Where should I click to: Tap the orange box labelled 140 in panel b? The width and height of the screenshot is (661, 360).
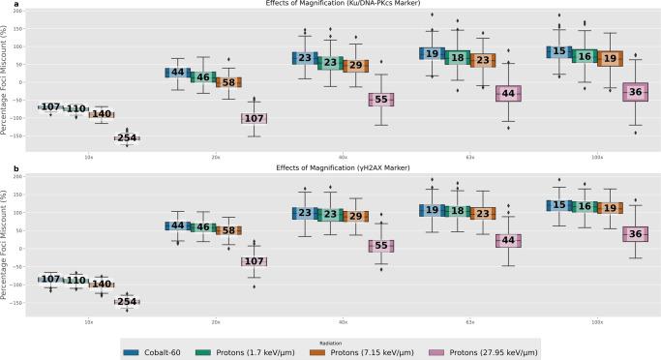pos(101,285)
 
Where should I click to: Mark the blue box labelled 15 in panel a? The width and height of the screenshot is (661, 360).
pos(557,53)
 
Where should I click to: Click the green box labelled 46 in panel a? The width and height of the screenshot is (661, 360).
pos(202,76)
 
